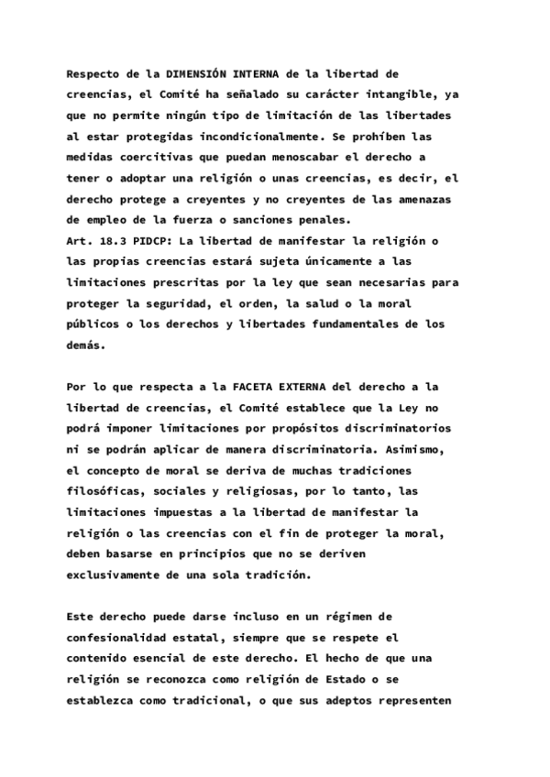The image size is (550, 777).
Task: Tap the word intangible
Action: (386, 94)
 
